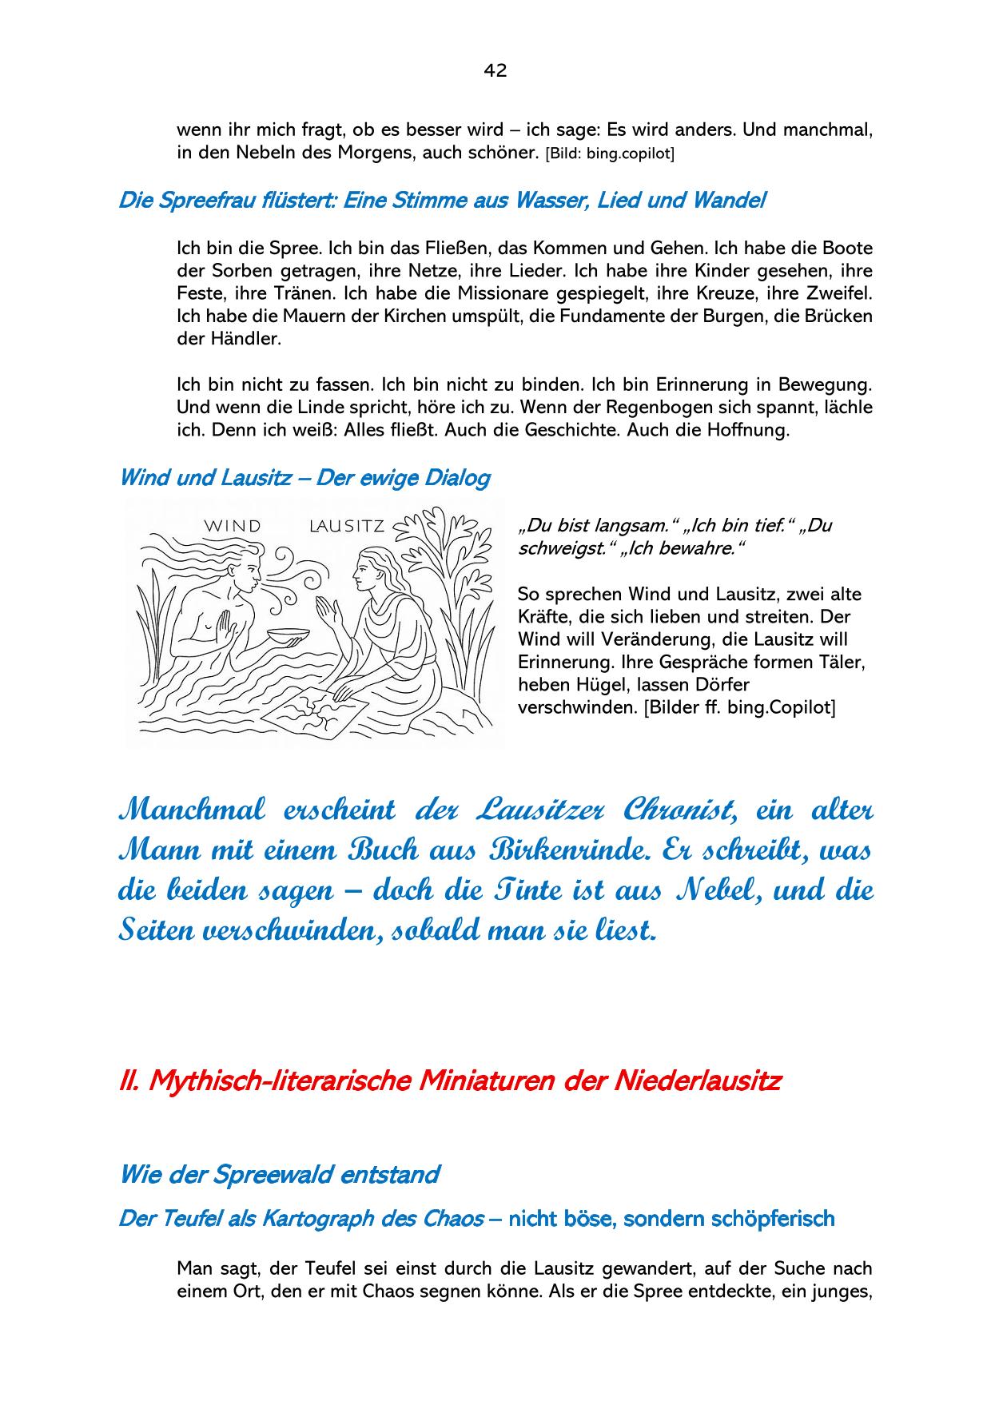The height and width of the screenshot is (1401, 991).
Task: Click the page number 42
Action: [x=495, y=70]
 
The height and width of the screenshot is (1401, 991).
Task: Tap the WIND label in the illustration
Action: [x=233, y=526]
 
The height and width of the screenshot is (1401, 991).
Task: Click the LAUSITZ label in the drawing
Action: [x=347, y=526]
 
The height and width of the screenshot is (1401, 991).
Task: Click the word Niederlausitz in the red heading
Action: [x=697, y=1081]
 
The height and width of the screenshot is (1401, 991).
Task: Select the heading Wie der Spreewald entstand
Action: [x=279, y=1175]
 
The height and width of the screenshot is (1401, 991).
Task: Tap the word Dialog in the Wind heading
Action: [x=457, y=478]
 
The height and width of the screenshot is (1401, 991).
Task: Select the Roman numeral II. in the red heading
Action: [x=129, y=1081]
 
